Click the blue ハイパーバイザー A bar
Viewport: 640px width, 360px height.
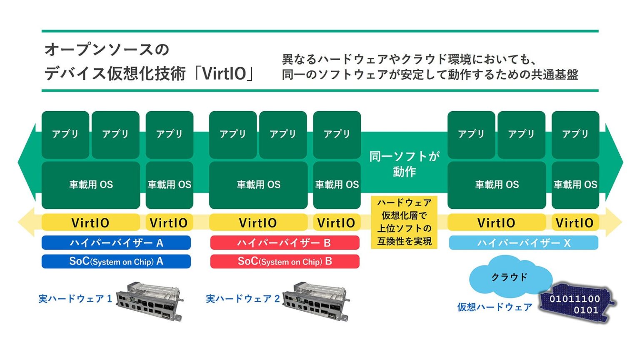click(116, 242)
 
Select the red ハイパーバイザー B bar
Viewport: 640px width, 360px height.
click(285, 242)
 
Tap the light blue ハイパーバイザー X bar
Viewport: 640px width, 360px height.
click(523, 242)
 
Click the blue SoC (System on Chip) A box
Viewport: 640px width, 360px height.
click(116, 262)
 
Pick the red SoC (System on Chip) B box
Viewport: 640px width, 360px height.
click(285, 262)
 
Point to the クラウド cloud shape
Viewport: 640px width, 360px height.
click(510, 277)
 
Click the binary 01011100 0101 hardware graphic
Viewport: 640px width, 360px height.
click(576, 304)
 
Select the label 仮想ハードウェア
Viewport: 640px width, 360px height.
click(495, 307)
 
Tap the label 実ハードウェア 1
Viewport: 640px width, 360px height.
click(75, 299)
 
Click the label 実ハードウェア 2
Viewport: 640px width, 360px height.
click(242, 299)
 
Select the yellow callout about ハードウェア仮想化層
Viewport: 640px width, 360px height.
click(404, 222)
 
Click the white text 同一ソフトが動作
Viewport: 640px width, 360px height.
click(404, 164)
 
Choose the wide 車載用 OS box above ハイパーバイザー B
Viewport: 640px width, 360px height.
click(258, 185)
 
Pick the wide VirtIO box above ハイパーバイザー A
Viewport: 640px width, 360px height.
click(90, 222)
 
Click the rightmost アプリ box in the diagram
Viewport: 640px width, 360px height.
click(575, 134)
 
